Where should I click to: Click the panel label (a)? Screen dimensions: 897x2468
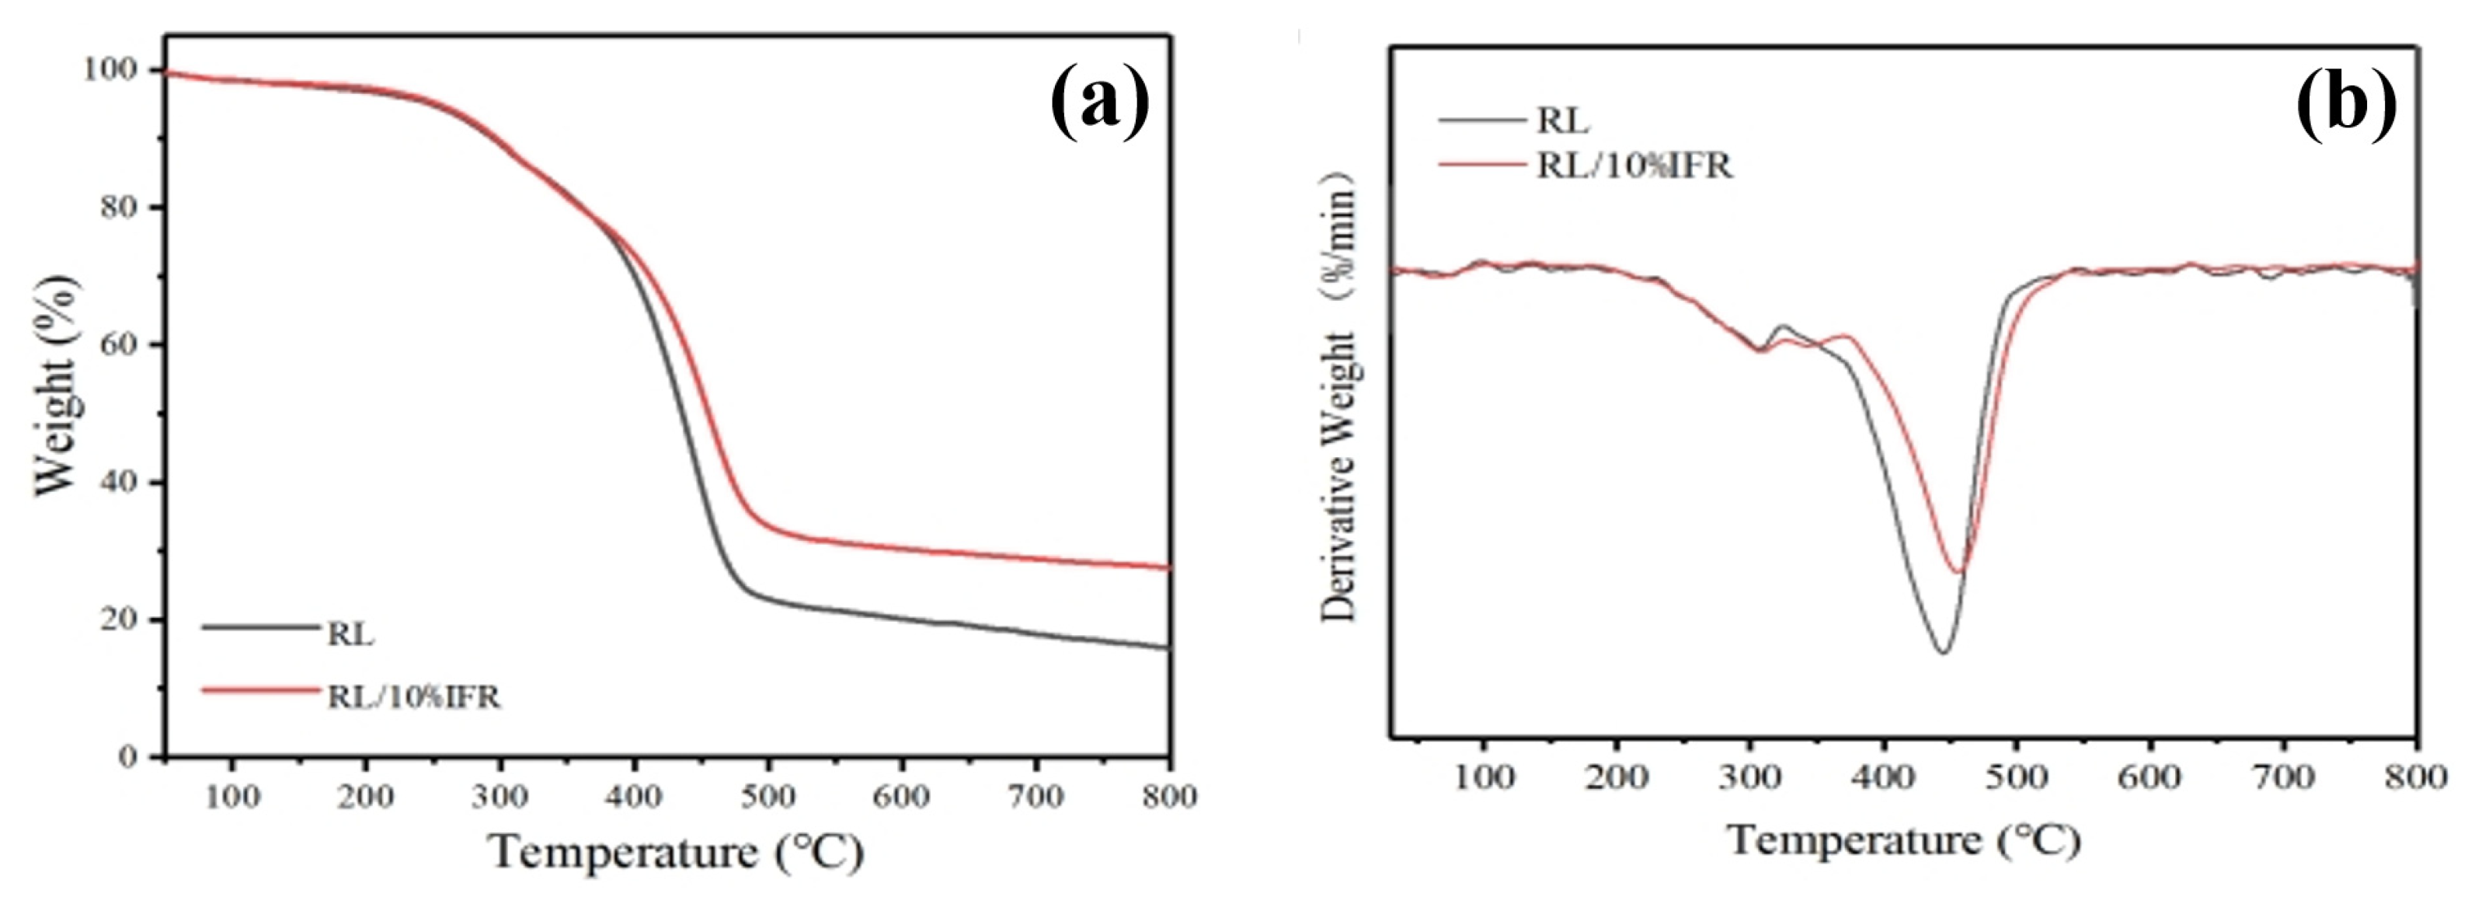point(1099,103)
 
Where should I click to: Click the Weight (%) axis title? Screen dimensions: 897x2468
point(57,386)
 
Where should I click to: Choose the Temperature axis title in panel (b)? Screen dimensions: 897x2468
point(1905,840)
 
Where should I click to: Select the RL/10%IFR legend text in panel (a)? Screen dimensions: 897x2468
point(414,696)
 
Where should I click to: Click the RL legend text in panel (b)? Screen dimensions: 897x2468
point(1563,122)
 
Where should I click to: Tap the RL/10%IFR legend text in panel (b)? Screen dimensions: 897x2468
point(1634,167)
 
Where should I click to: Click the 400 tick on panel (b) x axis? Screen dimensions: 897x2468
point(1885,777)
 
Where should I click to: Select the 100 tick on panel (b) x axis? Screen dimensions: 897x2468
point(1484,777)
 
